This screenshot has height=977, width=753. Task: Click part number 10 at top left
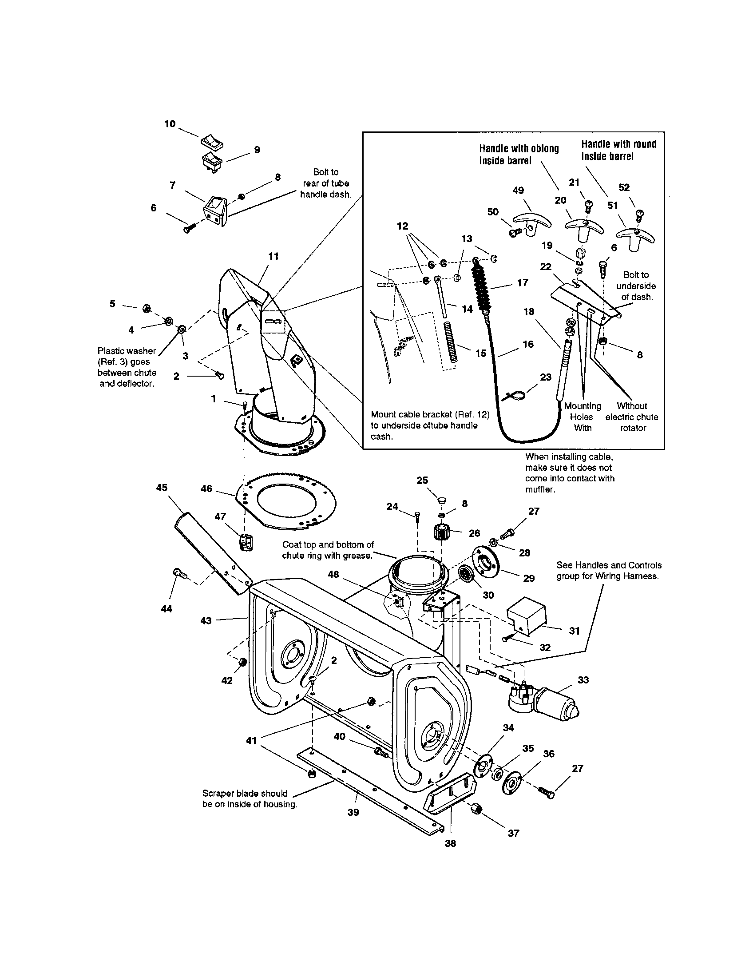tap(170, 124)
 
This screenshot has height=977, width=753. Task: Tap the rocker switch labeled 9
tap(211, 161)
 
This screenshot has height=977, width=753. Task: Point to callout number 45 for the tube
tap(162, 488)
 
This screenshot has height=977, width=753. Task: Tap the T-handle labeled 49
tap(531, 221)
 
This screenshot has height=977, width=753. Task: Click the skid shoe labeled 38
tap(448, 800)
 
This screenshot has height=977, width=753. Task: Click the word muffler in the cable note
tap(540, 489)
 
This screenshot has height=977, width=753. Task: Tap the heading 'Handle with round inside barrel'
tap(618, 150)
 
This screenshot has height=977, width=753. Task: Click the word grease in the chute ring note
tap(358, 556)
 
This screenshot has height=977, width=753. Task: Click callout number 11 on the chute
tap(273, 256)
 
